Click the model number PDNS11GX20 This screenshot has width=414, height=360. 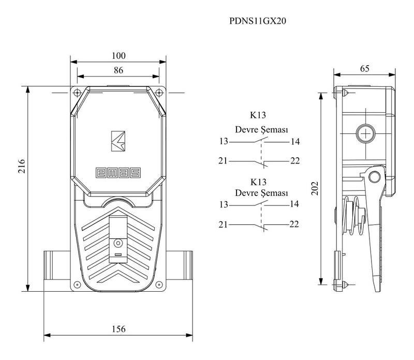pyautogui.click(x=257, y=22)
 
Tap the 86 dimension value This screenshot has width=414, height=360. pyautogui.click(x=119, y=71)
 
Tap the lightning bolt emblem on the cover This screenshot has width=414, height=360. pyautogui.click(x=119, y=141)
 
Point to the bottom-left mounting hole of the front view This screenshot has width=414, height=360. pyautogui.click(x=77, y=283)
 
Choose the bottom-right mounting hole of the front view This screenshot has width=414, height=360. pyautogui.click(x=160, y=283)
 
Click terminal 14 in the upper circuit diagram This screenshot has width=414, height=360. pyautogui.click(x=295, y=142)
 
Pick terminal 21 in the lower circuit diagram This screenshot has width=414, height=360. pyautogui.click(x=223, y=224)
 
